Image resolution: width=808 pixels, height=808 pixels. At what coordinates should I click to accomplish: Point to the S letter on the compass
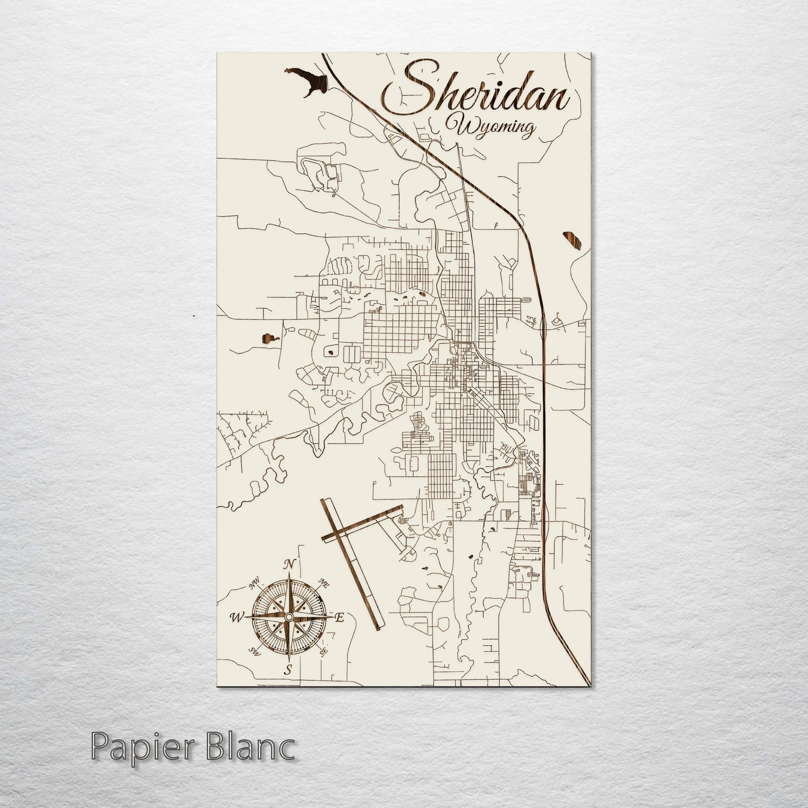(288, 669)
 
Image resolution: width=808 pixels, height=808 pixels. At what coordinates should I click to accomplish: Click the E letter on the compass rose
(338, 617)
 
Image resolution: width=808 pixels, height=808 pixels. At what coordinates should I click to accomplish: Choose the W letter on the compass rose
(236, 617)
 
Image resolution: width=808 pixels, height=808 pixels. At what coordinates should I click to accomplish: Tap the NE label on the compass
(322, 582)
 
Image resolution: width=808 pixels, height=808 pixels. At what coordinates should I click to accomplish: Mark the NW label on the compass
(254, 585)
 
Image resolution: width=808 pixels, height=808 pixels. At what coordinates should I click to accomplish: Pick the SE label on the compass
(322, 651)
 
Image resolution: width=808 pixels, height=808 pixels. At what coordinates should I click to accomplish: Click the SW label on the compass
(256, 650)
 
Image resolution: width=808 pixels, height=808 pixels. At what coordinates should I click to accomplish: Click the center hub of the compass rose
(288, 616)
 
